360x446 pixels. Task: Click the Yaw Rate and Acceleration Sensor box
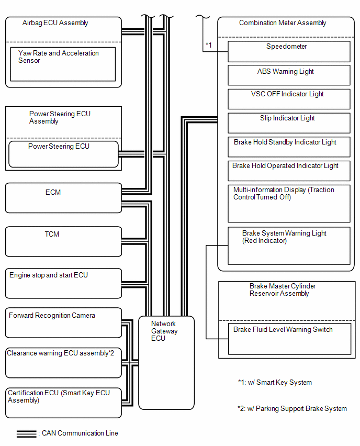[63, 64]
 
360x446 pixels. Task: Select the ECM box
[63, 198]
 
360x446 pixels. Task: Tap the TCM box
[63, 241]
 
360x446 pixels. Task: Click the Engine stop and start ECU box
[63, 283]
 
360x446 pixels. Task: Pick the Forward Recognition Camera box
[63, 323]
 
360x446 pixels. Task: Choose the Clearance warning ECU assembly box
[63, 363]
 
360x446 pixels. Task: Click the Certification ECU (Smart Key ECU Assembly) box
[63, 403]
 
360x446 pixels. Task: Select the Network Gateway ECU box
[166, 363]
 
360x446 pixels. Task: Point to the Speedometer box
[289, 51]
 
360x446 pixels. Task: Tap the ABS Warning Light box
[289, 75]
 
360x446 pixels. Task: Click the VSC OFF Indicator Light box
[289, 99]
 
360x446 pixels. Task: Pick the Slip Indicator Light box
[289, 123]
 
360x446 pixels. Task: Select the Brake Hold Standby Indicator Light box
[289, 147]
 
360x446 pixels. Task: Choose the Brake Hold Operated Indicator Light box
[289, 171]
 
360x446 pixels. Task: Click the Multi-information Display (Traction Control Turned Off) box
[289, 204]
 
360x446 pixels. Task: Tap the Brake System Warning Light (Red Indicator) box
[289, 246]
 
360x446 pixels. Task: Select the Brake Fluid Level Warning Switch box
[289, 339]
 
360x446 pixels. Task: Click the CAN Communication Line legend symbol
[27, 434]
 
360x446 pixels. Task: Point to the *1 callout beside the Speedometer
[209, 45]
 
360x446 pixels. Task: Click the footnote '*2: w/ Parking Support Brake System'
[292, 409]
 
